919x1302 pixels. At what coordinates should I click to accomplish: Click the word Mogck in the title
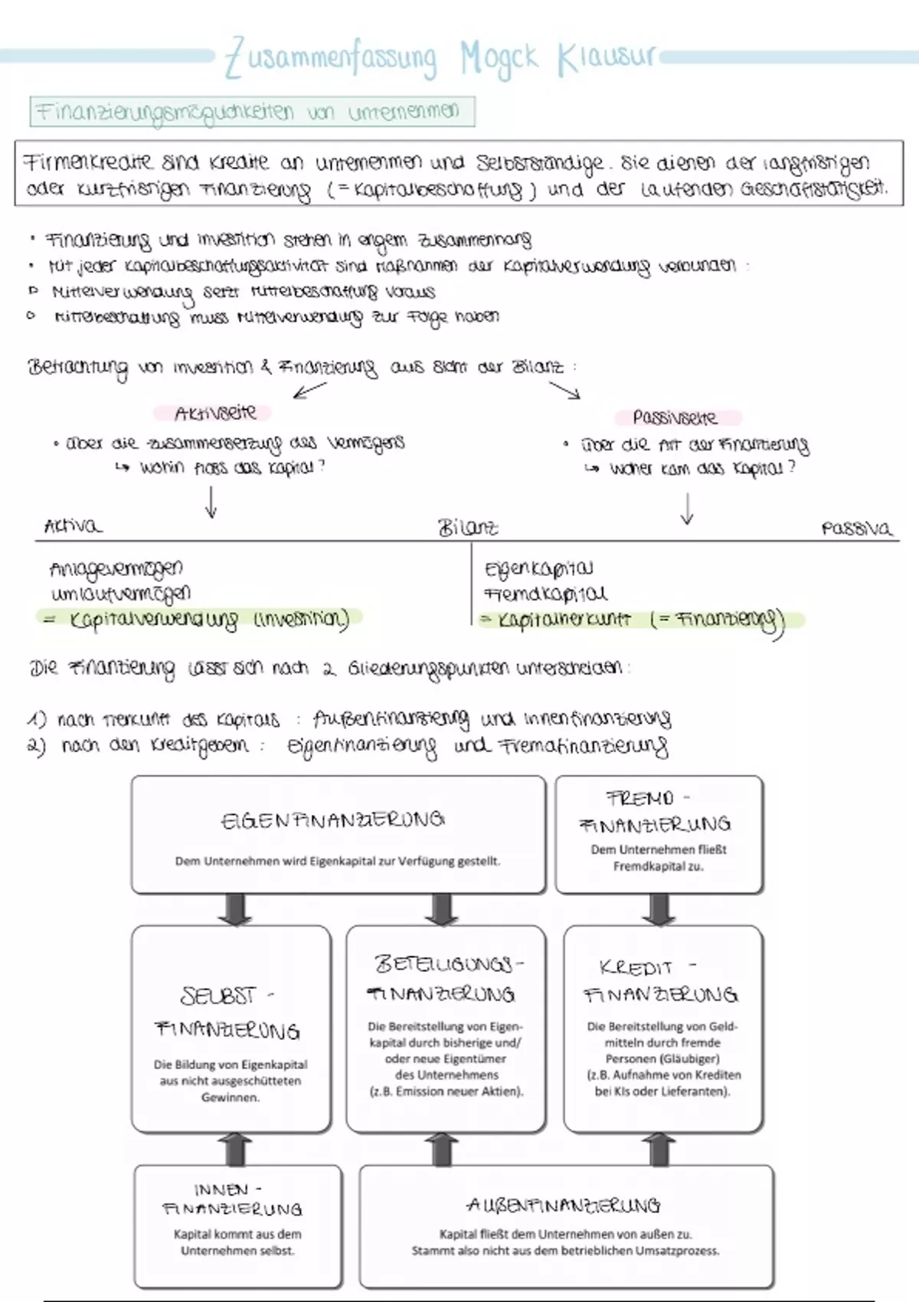pos(499,58)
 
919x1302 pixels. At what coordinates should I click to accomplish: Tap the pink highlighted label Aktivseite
pos(215,413)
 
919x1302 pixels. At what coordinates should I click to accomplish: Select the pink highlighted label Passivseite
pos(675,417)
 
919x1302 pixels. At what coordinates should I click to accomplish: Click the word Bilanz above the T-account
pos(468,527)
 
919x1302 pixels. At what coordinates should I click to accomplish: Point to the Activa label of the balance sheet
pos(72,526)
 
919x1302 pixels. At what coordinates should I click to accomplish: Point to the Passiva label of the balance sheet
pos(856,528)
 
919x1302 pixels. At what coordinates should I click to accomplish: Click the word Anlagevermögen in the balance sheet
pos(116,569)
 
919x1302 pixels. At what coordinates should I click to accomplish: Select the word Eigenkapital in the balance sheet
pos(538,569)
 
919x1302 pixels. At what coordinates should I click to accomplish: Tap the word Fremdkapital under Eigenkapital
pos(545,594)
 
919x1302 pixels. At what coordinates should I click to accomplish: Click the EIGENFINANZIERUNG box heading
pos(332,820)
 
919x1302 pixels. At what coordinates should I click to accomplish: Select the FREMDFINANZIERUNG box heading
pos(656,812)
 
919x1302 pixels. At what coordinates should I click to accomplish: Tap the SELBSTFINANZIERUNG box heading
pos(227,1012)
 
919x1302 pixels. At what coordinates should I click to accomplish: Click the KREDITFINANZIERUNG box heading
pos(660,981)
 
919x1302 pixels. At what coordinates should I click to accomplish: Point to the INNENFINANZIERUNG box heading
pos(232,1199)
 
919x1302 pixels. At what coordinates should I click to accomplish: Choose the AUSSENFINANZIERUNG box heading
pos(563,1205)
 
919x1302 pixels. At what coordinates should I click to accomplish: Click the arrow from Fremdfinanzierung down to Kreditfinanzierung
pos(659,909)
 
